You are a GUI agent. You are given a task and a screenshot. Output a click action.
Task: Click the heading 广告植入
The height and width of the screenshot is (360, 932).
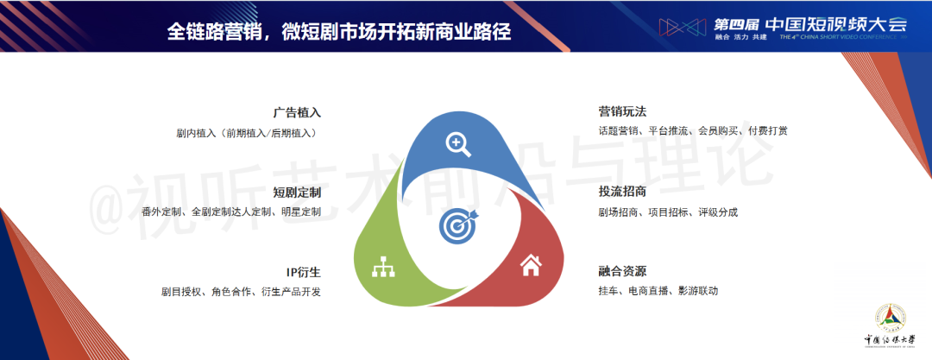[x=297, y=112]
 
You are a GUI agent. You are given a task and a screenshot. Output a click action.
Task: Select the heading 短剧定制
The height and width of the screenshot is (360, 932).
[x=297, y=193]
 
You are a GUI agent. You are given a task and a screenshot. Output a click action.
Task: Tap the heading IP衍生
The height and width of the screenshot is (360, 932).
[x=303, y=273]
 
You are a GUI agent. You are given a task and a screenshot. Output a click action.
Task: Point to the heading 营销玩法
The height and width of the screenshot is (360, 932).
[x=622, y=111]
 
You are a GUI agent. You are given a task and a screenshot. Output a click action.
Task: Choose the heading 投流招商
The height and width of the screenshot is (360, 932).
[x=622, y=193]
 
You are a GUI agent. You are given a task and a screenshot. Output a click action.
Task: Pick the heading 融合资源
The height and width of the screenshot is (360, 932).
[x=622, y=272]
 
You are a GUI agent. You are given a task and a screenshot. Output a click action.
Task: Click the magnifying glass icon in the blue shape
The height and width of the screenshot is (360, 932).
[x=458, y=144]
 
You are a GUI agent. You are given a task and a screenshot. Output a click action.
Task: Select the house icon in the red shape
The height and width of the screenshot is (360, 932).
[x=531, y=265]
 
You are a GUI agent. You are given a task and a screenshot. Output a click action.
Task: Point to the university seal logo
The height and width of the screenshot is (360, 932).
[x=890, y=319]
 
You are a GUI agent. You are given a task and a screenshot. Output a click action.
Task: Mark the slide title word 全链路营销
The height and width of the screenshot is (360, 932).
[x=212, y=31]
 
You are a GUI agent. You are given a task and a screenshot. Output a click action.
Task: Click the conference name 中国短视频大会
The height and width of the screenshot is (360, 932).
[x=836, y=24]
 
